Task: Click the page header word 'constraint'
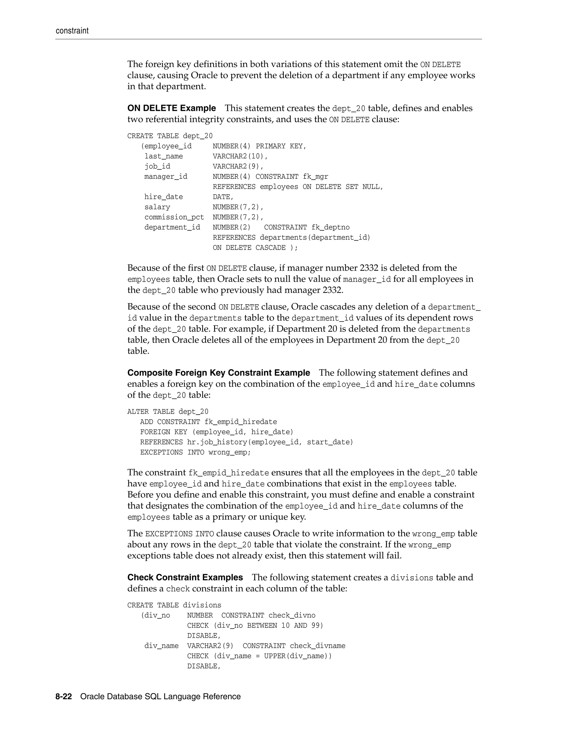[72, 31]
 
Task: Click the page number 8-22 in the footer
[64, 696]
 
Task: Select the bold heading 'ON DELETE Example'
[171, 108]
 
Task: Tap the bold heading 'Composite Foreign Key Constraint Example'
[218, 372]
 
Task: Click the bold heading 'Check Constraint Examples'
[185, 577]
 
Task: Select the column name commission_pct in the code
[174, 217]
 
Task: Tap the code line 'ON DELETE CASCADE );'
[255, 248]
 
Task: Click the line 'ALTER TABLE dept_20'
[168, 411]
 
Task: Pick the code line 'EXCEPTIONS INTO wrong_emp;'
[196, 452]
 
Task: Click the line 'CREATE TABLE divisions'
[174, 605]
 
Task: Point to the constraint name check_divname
[317, 646]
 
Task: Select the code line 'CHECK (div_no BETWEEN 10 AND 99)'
[255, 625]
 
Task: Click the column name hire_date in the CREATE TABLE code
[164, 197]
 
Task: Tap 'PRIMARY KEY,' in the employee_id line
[281, 146]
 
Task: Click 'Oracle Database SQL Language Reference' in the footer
[160, 696]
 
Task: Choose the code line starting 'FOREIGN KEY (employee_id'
[217, 432]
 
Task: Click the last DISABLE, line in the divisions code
[204, 666]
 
